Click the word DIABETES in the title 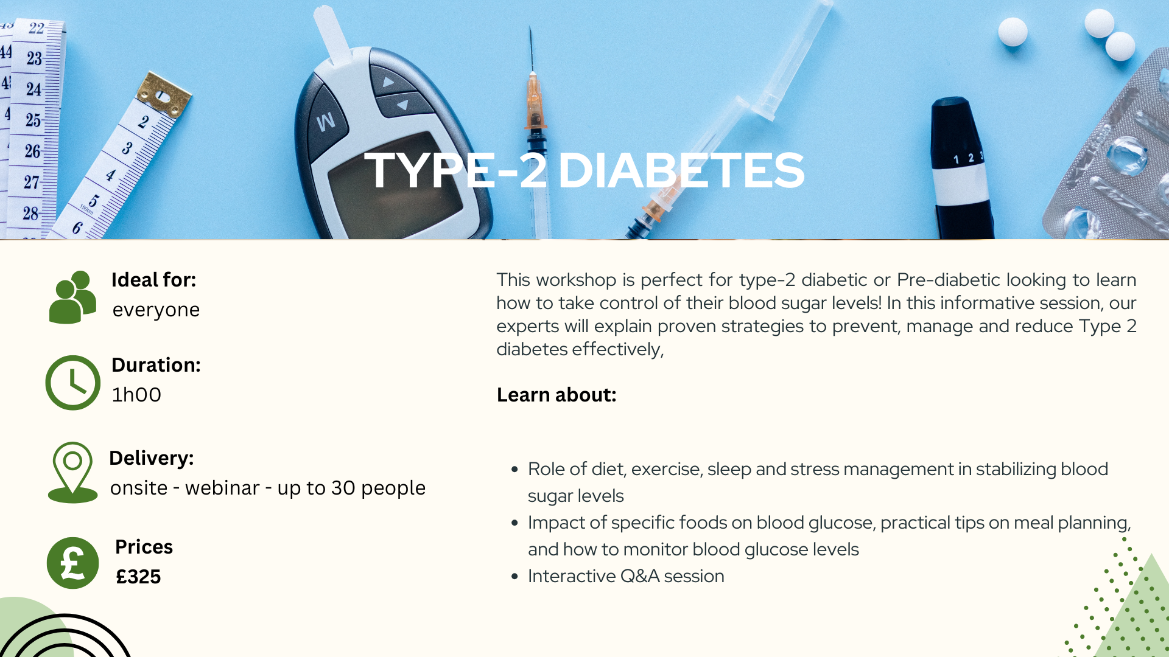[681, 170]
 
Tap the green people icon [72, 297]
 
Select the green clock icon [73, 383]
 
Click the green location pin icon [72, 473]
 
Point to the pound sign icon [73, 563]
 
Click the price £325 [138, 576]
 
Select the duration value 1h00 [136, 394]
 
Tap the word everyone [156, 310]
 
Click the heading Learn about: [556, 395]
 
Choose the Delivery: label [152, 458]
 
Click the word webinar [222, 488]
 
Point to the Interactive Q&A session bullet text [626, 576]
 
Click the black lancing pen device [961, 168]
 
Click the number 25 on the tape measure [33, 120]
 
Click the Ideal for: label [153, 280]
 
